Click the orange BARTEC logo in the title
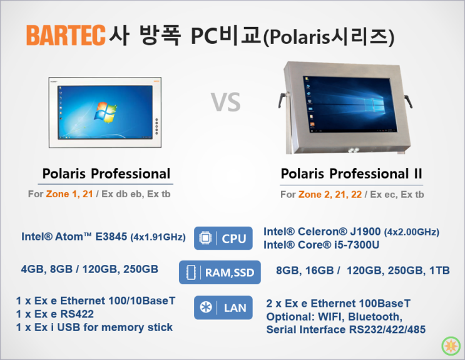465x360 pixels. (65, 35)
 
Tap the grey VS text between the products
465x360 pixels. (225, 103)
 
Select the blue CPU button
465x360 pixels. (223, 238)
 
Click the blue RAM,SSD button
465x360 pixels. (219, 272)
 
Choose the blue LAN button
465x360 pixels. (223, 307)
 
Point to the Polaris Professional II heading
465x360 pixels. (351, 173)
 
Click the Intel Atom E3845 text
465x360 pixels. (103, 237)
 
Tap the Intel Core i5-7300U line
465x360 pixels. (321, 245)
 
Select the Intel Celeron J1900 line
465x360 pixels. (351, 232)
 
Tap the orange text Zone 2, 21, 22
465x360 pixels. (329, 195)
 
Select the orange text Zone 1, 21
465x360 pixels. (69, 194)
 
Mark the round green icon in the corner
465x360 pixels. (450, 345)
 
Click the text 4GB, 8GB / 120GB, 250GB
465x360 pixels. (89, 269)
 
